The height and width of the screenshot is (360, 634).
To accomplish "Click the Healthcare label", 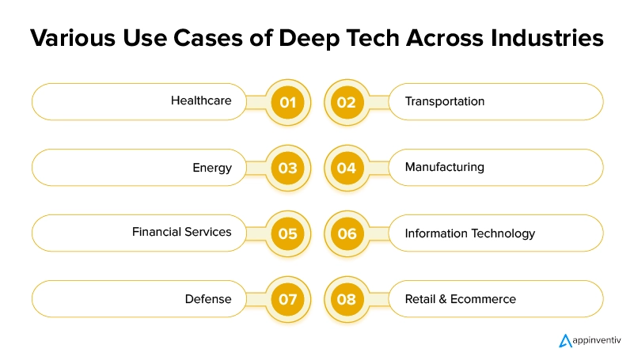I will pos(201,101).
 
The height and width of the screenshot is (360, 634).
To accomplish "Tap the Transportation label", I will pos(445,101).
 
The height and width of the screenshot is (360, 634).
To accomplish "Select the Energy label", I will pos(212,168).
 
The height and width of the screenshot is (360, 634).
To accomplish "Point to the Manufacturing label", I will pos(445,168).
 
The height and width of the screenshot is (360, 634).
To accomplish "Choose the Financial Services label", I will pos(182,233).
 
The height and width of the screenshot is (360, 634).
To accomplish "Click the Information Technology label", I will pos(470,233).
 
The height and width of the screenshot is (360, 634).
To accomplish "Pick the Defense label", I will pos(208,299).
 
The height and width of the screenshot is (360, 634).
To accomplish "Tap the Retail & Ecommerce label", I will pos(461,299).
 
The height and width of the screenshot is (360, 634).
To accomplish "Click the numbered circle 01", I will pos(287,102).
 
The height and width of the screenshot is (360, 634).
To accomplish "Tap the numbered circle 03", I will pos(287,168).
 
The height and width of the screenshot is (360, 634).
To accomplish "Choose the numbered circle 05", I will pos(287,233).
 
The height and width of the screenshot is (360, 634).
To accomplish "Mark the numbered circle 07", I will pos(287,299).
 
